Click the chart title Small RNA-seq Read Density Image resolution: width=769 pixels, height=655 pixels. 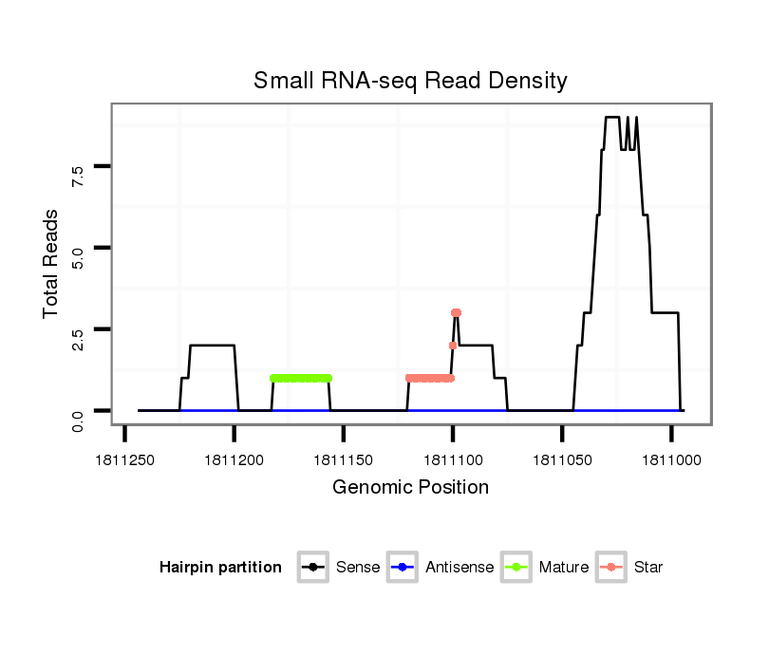click(x=410, y=81)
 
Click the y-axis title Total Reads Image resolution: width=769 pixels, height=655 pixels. click(x=51, y=264)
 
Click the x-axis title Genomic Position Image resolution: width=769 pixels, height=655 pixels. click(x=410, y=488)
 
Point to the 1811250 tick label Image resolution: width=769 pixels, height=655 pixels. click(x=124, y=459)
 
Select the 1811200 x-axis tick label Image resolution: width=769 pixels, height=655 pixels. click(x=234, y=459)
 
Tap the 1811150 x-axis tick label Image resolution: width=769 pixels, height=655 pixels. click(x=343, y=459)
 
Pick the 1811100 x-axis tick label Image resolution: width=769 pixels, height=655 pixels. click(x=452, y=459)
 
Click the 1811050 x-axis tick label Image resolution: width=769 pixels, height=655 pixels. click(x=561, y=459)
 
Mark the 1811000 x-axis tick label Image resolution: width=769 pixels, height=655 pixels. click(x=670, y=459)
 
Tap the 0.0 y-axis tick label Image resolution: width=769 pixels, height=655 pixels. click(x=79, y=411)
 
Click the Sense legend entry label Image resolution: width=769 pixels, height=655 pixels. click(x=358, y=568)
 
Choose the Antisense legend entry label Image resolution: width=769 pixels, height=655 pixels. click(x=460, y=568)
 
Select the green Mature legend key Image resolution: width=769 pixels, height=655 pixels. click(x=516, y=568)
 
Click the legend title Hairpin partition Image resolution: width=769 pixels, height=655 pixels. click(x=220, y=568)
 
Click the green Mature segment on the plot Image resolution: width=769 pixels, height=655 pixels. click(x=301, y=378)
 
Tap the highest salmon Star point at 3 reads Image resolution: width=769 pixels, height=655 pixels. click(x=456, y=312)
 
